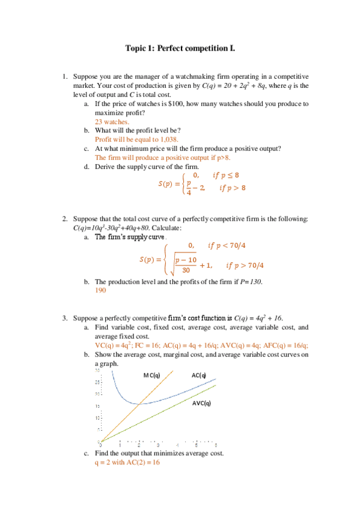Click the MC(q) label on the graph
(151, 375)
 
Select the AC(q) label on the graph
(199, 375)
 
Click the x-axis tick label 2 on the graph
(139, 444)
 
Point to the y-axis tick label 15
(97, 407)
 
